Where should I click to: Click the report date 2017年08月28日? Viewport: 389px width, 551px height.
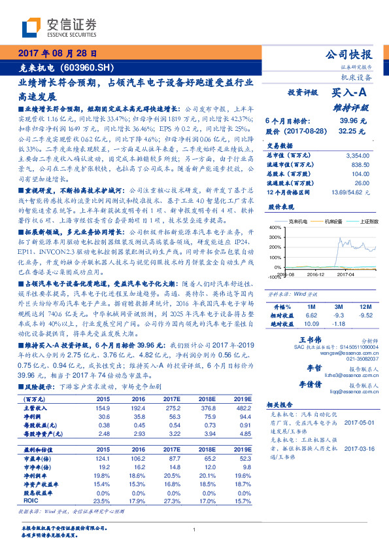point(57,53)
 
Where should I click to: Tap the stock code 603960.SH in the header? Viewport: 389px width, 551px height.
point(92,67)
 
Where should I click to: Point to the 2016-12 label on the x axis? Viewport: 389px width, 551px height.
point(316,275)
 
